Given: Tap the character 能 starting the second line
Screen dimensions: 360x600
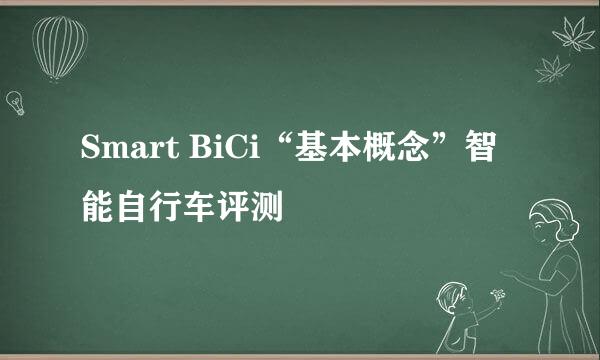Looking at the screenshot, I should (98, 208).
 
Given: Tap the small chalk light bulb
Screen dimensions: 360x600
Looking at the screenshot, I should (15, 101).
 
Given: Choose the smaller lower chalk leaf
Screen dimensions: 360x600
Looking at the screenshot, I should (549, 70).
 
